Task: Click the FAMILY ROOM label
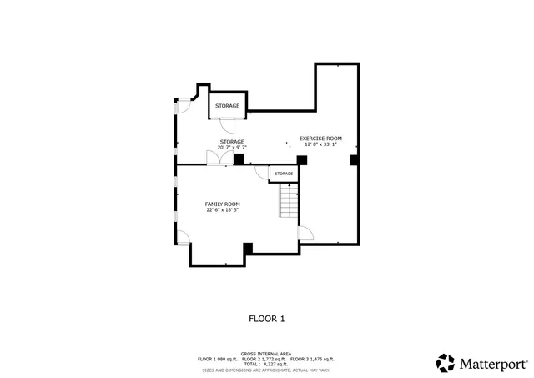tap(223, 204)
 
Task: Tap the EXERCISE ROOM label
tap(320, 138)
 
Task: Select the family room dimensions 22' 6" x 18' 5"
tap(223, 210)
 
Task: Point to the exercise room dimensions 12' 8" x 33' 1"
tap(320, 144)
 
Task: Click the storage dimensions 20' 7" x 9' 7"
tap(232, 148)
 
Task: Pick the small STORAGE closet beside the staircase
tap(284, 174)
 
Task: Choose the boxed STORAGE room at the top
tap(228, 106)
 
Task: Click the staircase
tap(288, 201)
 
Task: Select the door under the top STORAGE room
tap(228, 126)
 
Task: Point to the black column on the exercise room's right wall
tap(354, 159)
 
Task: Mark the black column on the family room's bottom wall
tap(248, 248)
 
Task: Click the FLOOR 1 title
tap(267, 318)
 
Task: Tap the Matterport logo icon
tap(446, 363)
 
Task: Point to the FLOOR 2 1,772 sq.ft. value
tap(267, 359)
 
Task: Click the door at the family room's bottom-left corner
tap(184, 251)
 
